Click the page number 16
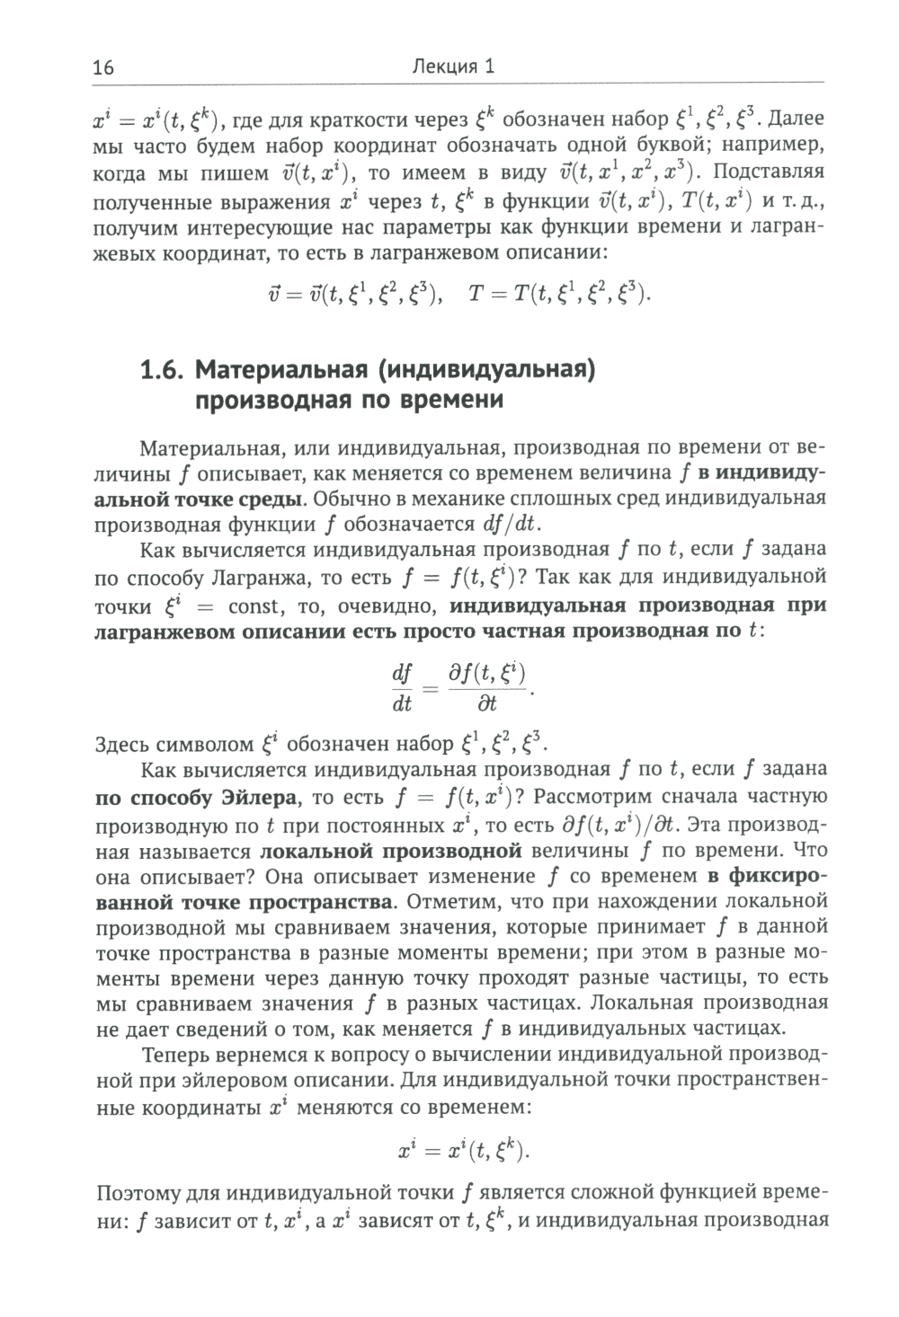pyautogui.click(x=103, y=68)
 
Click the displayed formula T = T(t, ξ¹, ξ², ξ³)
pyautogui.click(x=557, y=294)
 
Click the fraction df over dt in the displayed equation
pyautogui.click(x=401, y=688)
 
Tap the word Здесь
pyautogui.click(x=125, y=744)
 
